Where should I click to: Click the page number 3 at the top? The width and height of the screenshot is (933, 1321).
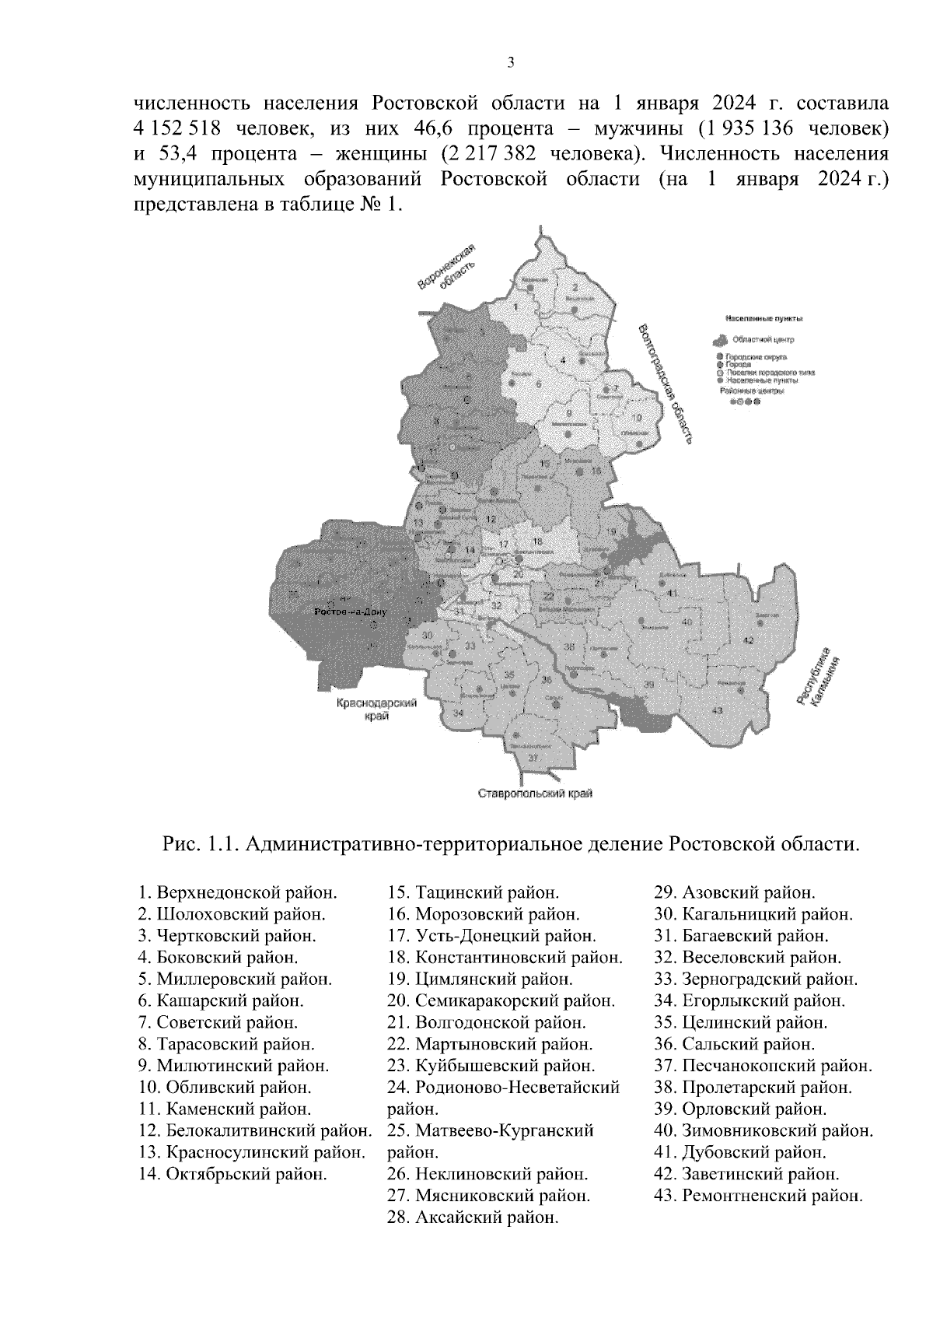point(510,63)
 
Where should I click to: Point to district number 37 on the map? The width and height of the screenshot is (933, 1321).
point(532,758)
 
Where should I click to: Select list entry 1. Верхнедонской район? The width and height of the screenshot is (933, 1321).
point(238,892)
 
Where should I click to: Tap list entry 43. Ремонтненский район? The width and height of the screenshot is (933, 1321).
point(759,1196)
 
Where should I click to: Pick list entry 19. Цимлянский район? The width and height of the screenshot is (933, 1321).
point(480,979)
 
